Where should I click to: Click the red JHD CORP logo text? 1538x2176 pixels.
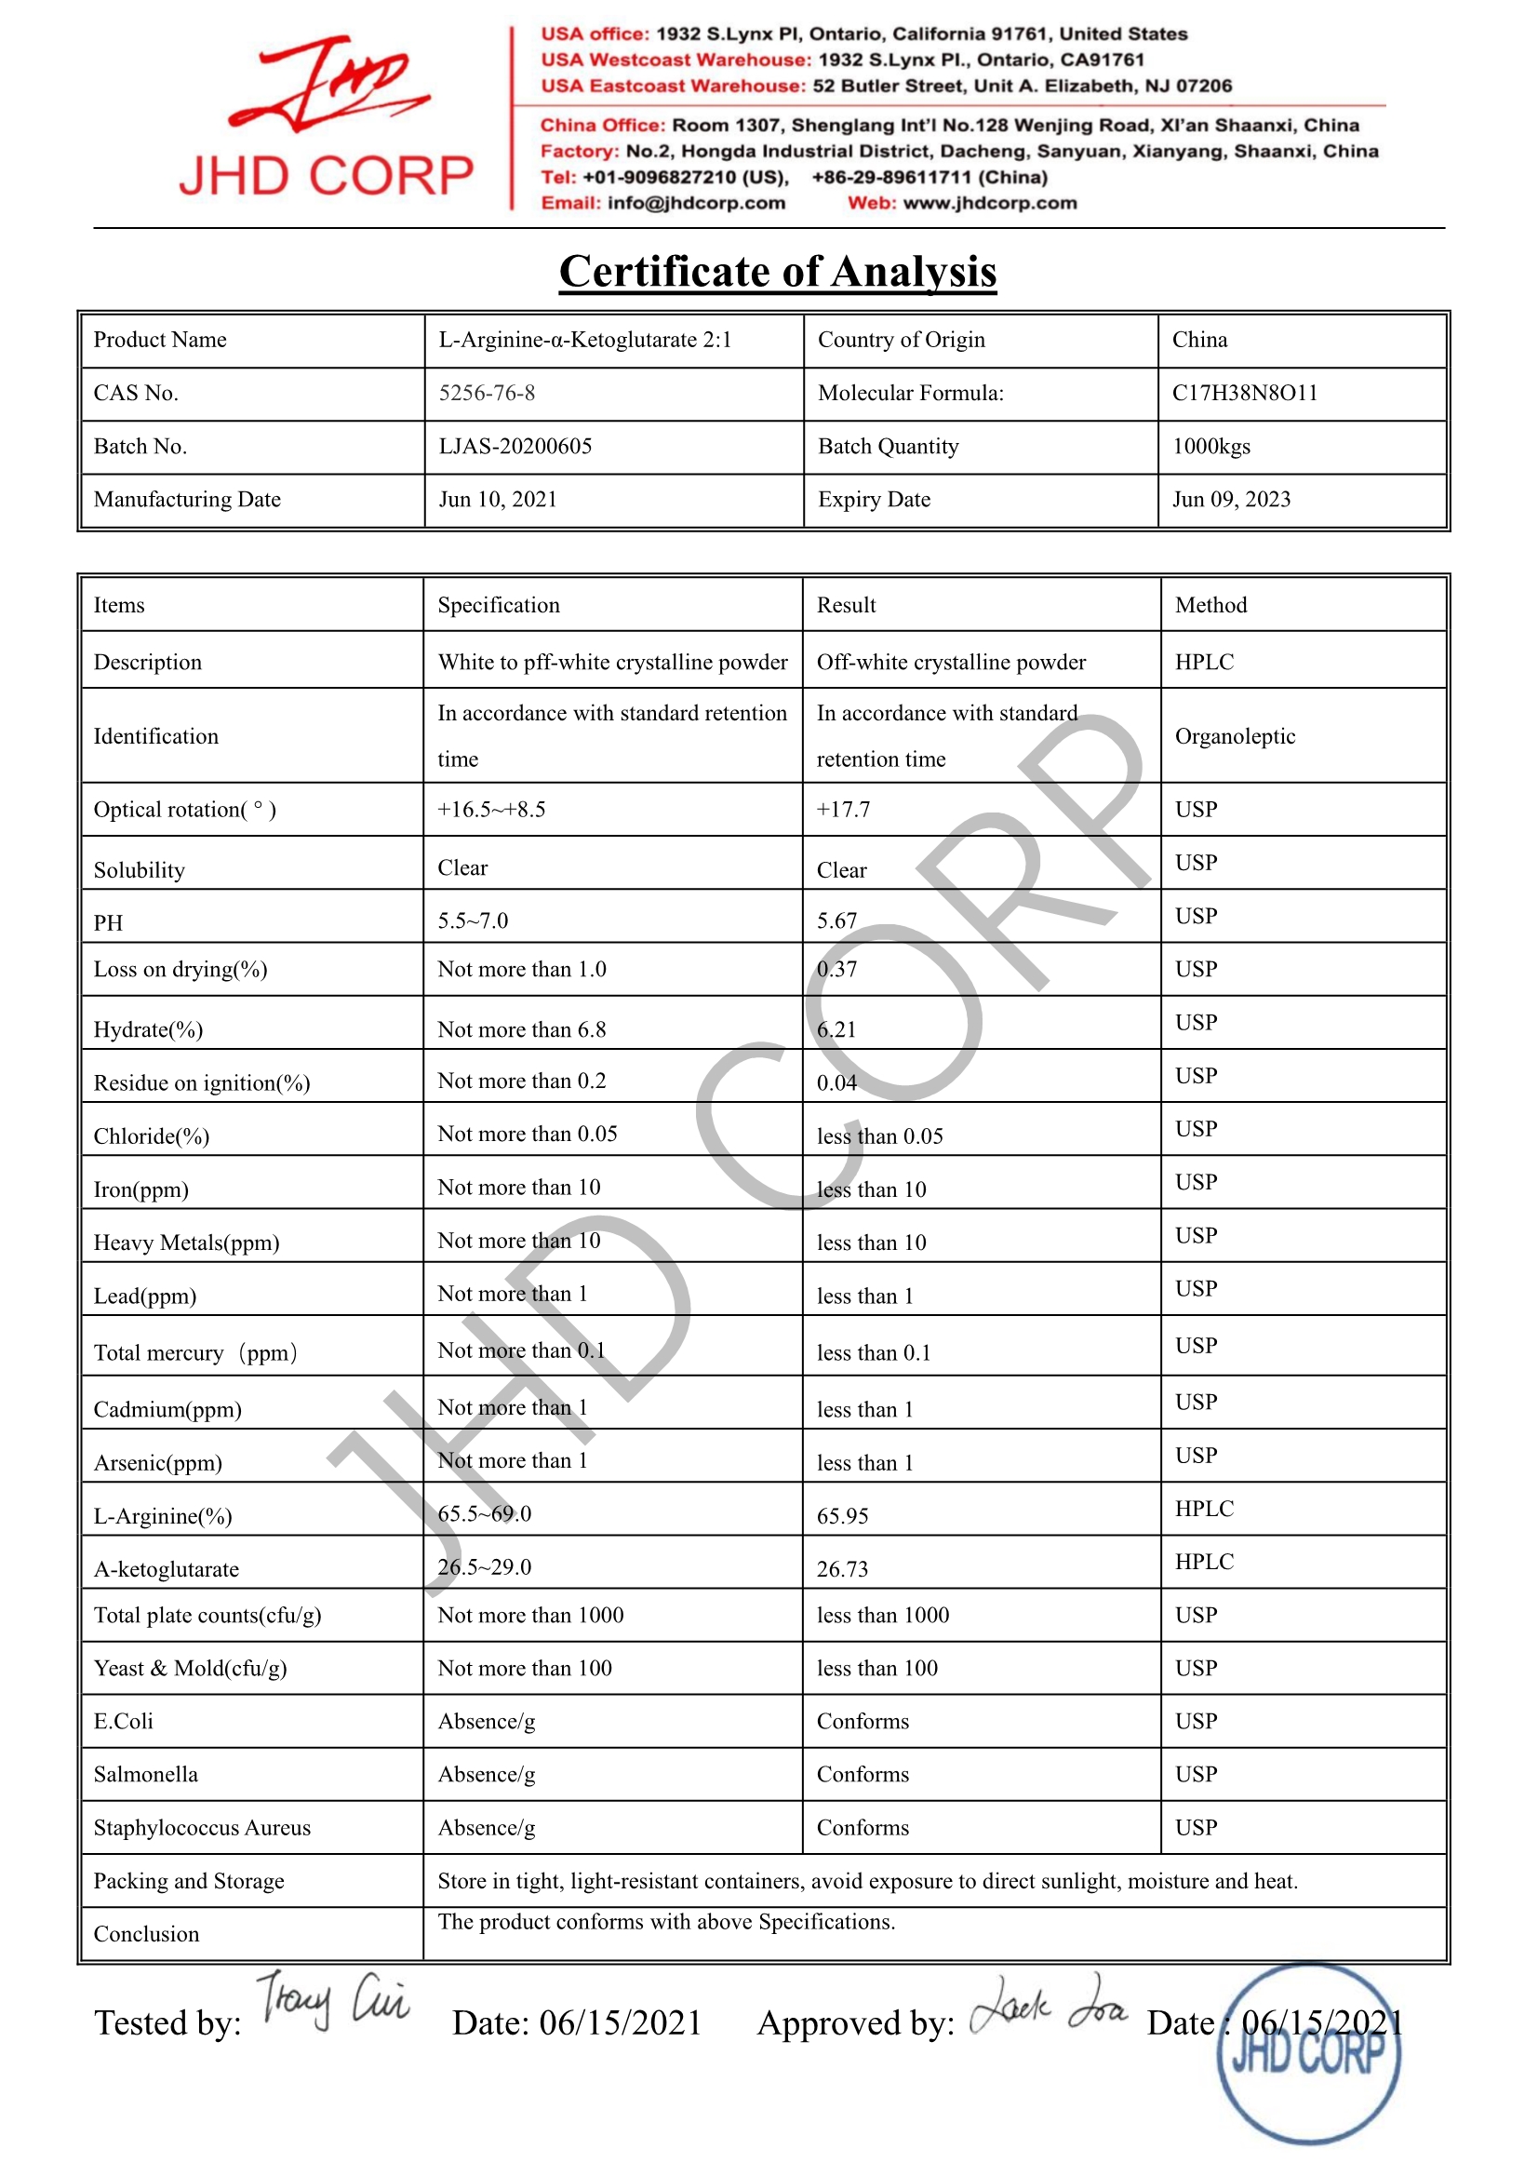(325, 176)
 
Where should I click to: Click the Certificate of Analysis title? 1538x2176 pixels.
(777, 272)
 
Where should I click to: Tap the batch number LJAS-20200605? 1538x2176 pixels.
(515, 447)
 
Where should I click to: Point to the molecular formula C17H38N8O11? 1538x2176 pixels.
(1244, 394)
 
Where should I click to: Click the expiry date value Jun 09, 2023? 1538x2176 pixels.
(1231, 500)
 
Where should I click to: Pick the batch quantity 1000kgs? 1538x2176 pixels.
(1211, 447)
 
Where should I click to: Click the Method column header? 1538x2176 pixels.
(1210, 606)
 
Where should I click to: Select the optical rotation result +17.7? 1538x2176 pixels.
(842, 810)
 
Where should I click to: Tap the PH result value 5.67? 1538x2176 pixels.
(836, 921)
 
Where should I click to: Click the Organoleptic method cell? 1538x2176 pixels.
(1234, 736)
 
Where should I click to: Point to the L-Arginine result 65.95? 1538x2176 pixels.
(841, 1516)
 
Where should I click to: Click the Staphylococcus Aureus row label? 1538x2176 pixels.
(202, 1828)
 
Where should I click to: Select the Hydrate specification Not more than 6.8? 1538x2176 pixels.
(521, 1030)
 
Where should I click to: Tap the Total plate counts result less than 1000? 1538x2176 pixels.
(882, 1616)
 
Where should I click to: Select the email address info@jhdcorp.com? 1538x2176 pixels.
(696, 203)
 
